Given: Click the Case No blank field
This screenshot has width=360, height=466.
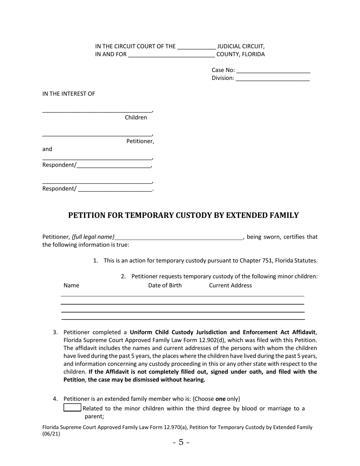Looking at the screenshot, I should tap(273, 70).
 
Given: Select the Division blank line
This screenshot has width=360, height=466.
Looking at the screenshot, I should tap(272, 78).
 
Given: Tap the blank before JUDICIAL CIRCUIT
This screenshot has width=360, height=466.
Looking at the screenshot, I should tap(196, 47).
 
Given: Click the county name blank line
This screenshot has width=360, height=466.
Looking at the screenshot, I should tap(171, 55).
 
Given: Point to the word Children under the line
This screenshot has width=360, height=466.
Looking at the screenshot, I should tap(136, 117).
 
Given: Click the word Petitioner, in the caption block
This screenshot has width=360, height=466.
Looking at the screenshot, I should tap(140, 141).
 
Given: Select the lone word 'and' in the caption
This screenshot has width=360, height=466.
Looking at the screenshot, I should tap(47, 149).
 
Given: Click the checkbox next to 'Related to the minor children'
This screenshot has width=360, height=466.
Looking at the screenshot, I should tap(72, 408).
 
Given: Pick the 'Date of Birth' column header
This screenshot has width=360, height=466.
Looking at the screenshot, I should tap(165, 285).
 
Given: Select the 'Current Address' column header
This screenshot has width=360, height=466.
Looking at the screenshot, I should tap(230, 285).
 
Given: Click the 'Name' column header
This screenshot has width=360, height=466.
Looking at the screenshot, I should tap(71, 285).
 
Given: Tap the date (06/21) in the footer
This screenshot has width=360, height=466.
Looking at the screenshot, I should tap(51, 434).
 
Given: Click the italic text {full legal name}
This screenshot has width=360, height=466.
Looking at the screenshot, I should tap(93, 237).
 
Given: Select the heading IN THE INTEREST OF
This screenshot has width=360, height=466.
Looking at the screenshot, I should tap(69, 94).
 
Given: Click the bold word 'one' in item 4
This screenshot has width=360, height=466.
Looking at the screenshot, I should tap(220, 399).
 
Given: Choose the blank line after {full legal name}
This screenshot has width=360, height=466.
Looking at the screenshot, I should tap(179, 237).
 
